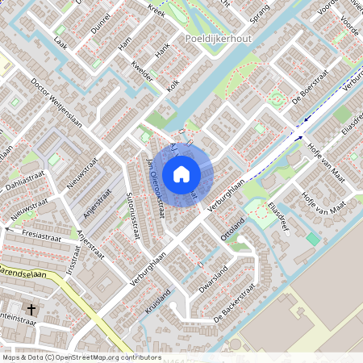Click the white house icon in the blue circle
pyautogui.click(x=181, y=173)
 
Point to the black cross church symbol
pyautogui.click(x=31, y=309)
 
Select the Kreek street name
pyautogui.click(x=156, y=10)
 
